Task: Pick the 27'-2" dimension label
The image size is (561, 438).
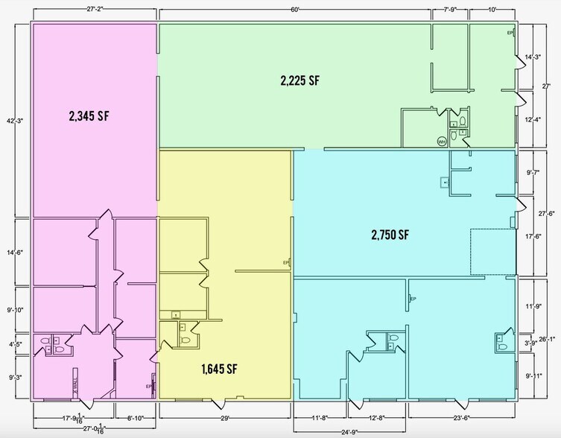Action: point(94,10)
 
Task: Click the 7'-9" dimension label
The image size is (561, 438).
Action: point(451,10)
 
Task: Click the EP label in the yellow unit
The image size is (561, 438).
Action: point(286,263)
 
